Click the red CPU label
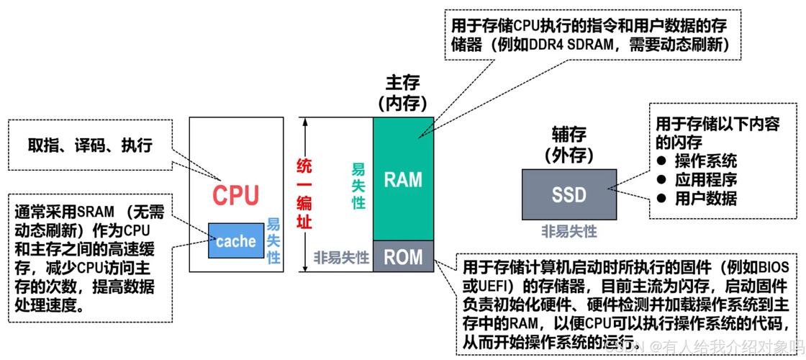(236, 195)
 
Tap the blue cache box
(235, 241)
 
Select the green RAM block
(403, 178)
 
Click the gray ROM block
(403, 256)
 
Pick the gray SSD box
(569, 194)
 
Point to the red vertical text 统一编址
(305, 194)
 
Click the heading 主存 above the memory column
(403, 82)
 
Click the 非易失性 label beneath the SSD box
(569, 231)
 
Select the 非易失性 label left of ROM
(341, 257)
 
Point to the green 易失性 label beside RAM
(358, 186)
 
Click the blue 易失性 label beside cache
(273, 241)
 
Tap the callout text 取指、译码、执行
(90, 145)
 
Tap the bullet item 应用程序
(705, 179)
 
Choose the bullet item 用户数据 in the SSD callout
(705, 198)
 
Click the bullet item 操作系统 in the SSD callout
(705, 161)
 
